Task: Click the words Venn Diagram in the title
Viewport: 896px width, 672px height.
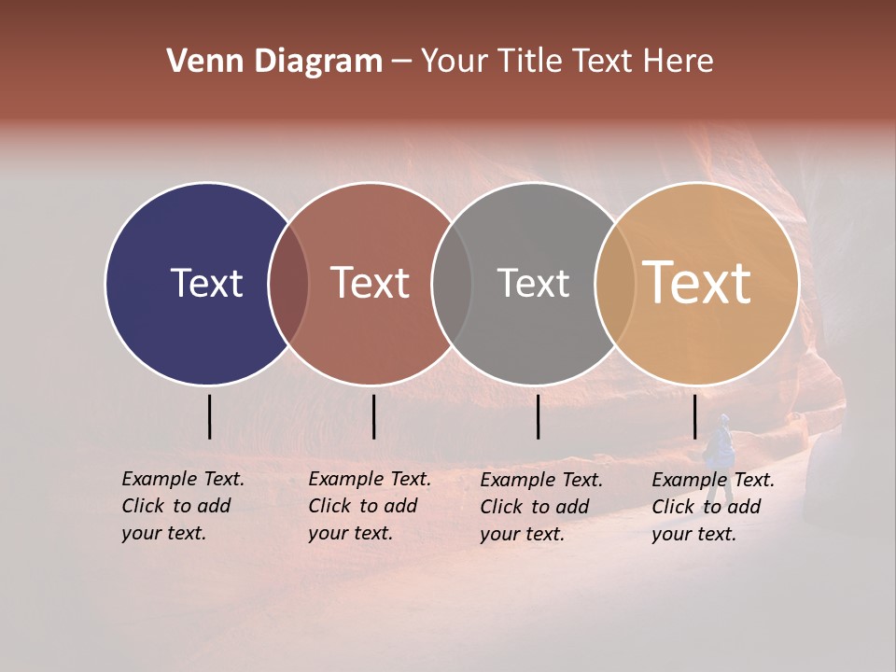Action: point(274,62)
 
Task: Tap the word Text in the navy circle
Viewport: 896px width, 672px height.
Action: point(206,283)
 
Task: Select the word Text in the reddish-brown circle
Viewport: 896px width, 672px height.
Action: point(370,283)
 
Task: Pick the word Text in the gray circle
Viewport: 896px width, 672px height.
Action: point(533,283)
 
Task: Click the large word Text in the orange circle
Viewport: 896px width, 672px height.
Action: point(697,283)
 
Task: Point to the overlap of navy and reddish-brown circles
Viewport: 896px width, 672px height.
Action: point(288,284)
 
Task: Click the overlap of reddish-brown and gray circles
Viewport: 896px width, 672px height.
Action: point(452,284)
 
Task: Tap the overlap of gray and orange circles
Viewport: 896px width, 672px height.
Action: point(615,284)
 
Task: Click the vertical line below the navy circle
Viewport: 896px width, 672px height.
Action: point(210,416)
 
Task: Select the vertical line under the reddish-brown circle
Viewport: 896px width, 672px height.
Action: point(373,416)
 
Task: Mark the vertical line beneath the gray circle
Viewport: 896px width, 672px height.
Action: point(538,416)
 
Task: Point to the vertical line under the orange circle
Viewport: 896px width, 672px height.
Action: point(694,416)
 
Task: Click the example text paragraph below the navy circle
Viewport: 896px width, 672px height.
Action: point(182,506)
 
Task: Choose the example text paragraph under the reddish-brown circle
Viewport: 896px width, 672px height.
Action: point(369,506)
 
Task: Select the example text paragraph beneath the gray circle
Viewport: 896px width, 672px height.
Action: point(540,507)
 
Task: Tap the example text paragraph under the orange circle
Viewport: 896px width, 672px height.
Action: point(712,507)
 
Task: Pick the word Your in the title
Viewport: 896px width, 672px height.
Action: point(455,62)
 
